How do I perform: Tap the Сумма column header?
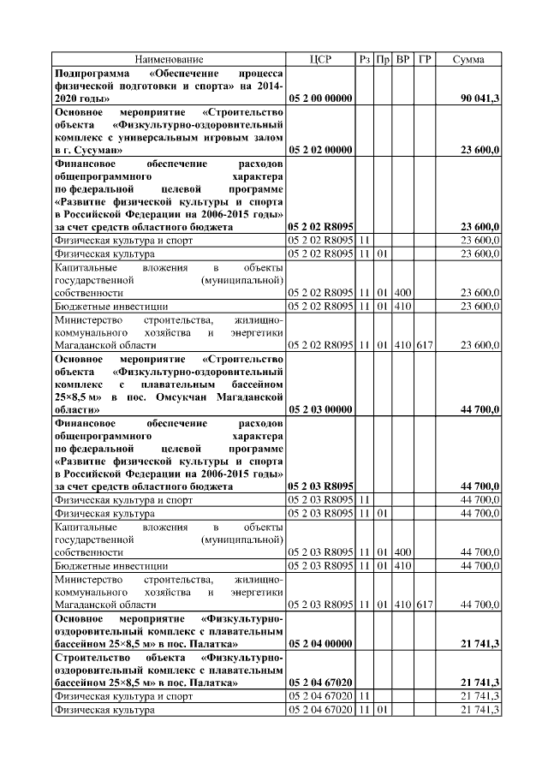pos(470,59)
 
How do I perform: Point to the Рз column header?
pos(366,59)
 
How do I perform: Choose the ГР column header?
pos(425,59)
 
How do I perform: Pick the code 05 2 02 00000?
pos(321,150)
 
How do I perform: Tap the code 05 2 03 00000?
pos(321,410)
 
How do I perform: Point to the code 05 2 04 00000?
pos(321,642)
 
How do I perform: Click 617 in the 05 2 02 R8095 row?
pos(425,344)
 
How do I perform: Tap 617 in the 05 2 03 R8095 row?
pos(425,605)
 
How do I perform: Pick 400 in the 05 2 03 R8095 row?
pos(402,551)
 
